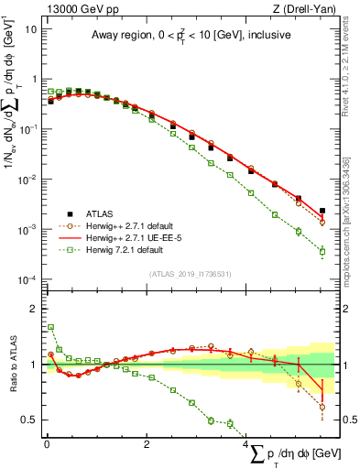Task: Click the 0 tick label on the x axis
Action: tap(46, 444)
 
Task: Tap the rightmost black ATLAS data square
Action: tap(322, 211)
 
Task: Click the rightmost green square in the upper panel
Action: tap(322, 251)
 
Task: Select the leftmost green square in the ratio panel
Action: tap(50, 327)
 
